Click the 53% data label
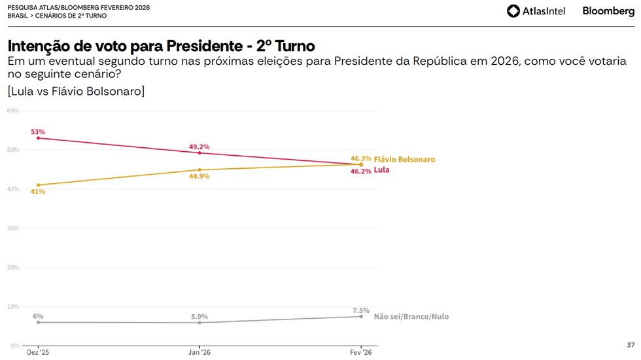pos(37,132)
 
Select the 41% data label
pos(37,192)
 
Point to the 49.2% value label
pos(200,147)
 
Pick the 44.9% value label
pos(200,177)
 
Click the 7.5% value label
pos(360,310)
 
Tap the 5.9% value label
pos(200,317)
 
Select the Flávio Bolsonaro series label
pos(404,159)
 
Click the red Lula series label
pos(381,170)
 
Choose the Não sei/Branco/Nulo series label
pos(411,317)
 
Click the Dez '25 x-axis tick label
pos(38,352)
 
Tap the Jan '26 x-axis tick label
pos(199,352)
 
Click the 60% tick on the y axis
pos(12,111)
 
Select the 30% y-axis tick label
pos(12,228)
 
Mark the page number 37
pos(631,345)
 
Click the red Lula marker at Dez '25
pos(38,138)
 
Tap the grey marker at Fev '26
pos(361,317)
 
